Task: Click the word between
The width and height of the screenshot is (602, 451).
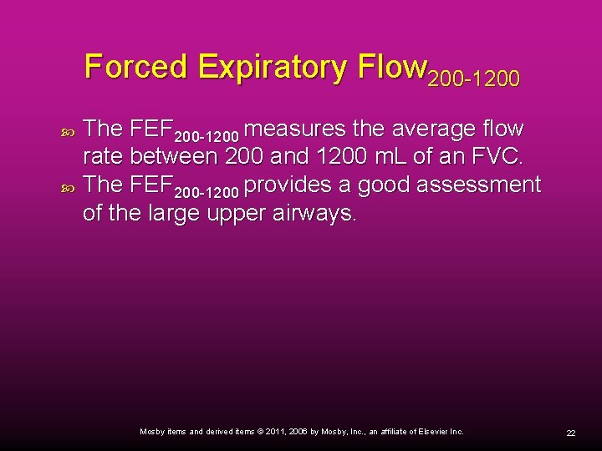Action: (x=172, y=156)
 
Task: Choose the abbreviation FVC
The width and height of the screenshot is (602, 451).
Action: (x=498, y=156)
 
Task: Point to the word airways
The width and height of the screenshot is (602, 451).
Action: (x=314, y=213)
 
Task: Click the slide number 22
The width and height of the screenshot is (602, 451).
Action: (x=571, y=433)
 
